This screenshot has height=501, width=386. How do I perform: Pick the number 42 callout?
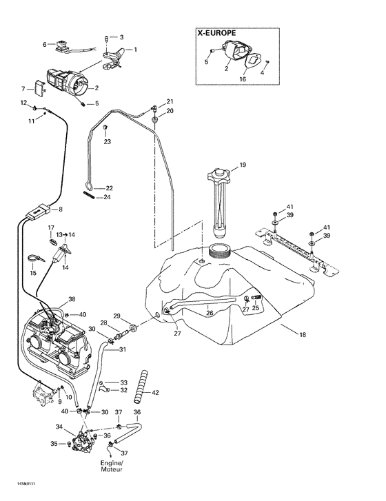tap(156, 393)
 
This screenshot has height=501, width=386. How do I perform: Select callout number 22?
tap(108, 187)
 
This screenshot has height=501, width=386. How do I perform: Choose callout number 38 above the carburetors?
tap(72, 300)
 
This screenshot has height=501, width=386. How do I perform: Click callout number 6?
tap(45, 45)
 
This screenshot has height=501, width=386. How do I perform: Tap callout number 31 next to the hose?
tap(123, 349)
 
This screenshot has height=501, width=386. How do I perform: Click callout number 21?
tap(170, 101)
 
